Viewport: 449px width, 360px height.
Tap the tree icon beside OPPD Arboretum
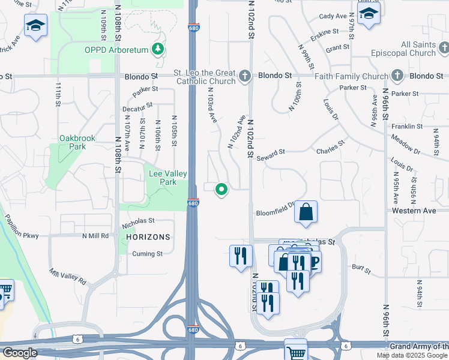click(x=158, y=48)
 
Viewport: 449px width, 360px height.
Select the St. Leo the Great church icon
click(x=244, y=76)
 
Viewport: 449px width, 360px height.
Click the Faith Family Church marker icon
click(x=397, y=76)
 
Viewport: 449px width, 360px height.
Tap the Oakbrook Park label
click(x=77, y=142)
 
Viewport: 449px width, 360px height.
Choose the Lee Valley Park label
click(x=167, y=178)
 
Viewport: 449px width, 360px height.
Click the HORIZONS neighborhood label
click(x=148, y=237)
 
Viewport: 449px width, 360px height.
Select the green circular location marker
click(x=221, y=190)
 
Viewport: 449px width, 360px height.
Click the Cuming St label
click(x=148, y=254)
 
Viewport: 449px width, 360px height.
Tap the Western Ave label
click(x=414, y=211)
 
